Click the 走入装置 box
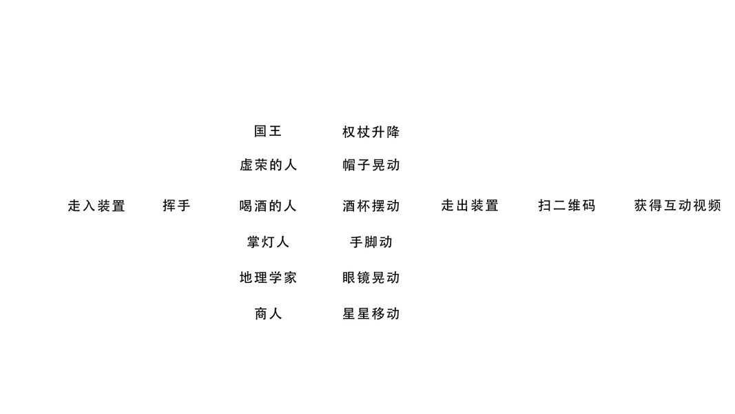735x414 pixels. click(97, 205)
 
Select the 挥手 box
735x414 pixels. click(176, 205)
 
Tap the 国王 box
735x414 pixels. click(268, 131)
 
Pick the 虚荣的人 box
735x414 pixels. click(268, 165)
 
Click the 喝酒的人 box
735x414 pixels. click(268, 205)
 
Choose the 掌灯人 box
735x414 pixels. click(268, 241)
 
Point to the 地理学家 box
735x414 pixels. click(268, 277)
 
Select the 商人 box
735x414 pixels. click(268, 313)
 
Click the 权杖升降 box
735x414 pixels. click(371, 131)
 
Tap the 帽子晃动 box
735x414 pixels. click(371, 165)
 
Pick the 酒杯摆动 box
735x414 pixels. click(371, 205)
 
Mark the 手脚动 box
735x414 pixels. click(371, 241)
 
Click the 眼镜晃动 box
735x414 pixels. click(371, 277)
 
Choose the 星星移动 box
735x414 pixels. click(371, 313)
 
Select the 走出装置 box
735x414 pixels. click(470, 205)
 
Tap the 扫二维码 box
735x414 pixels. click(566, 205)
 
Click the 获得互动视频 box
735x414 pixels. click(677, 205)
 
